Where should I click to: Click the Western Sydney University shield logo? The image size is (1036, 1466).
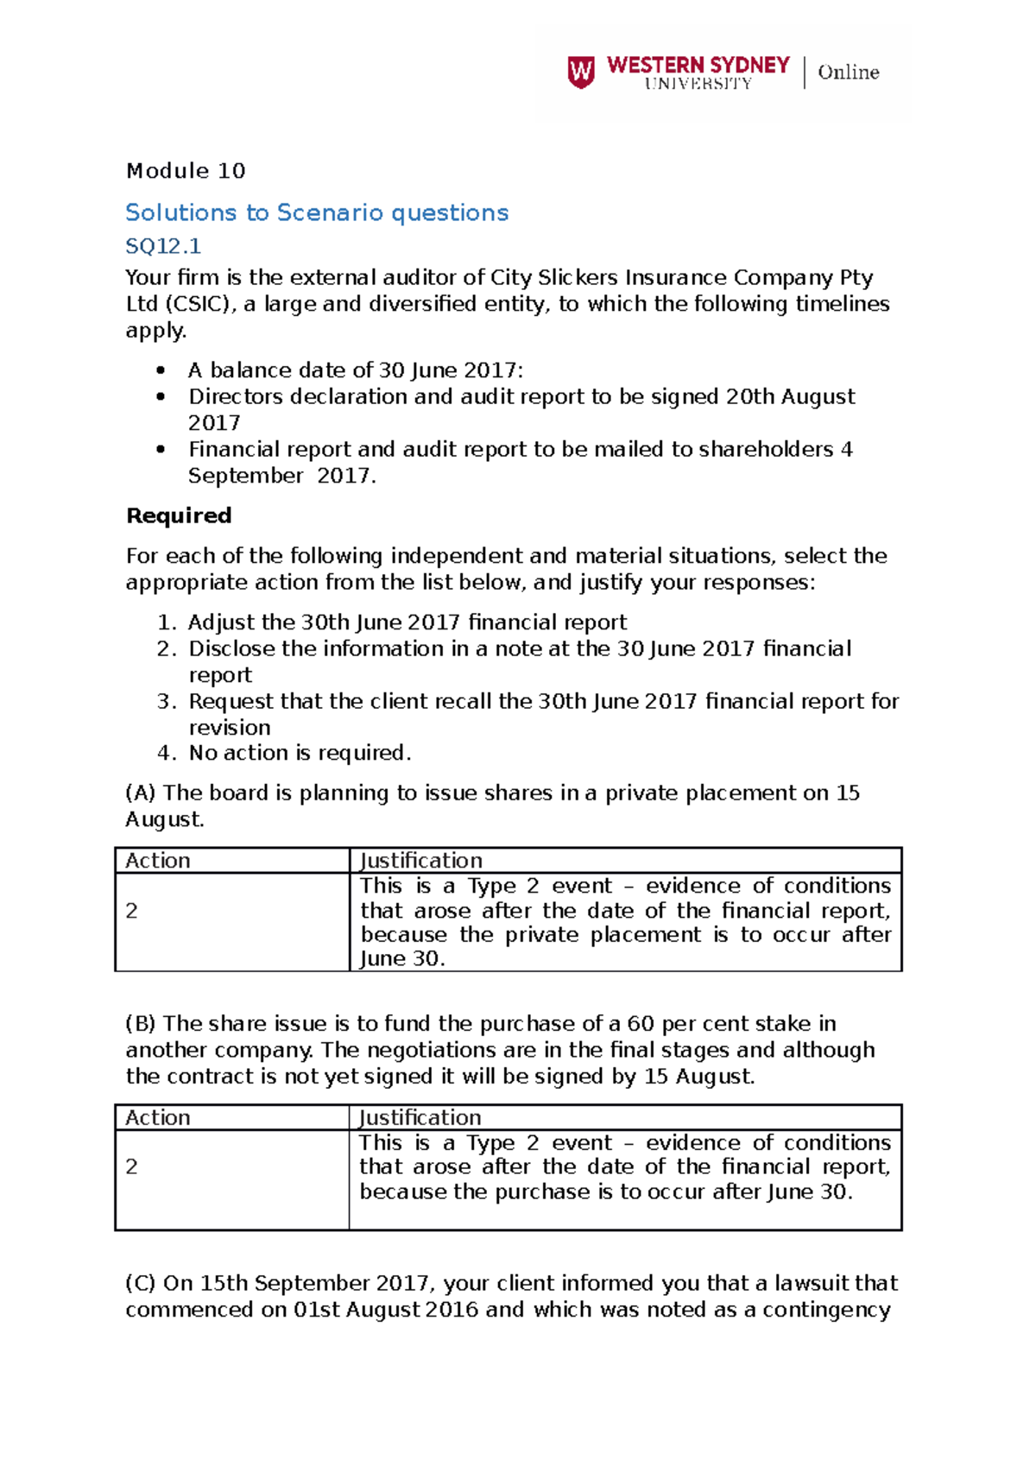tap(581, 72)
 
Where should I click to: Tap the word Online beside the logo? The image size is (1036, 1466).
tap(848, 73)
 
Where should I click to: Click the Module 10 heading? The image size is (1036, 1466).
tap(186, 171)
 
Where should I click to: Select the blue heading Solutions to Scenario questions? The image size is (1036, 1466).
tap(317, 212)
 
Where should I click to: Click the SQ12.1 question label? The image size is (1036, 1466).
tap(163, 246)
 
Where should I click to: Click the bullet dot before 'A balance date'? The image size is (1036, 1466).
tap(161, 370)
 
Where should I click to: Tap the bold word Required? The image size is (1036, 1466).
tap(179, 515)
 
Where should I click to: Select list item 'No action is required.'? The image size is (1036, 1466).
tap(300, 753)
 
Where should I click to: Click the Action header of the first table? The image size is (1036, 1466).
tap(158, 861)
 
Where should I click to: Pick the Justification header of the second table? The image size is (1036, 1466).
tap(420, 1117)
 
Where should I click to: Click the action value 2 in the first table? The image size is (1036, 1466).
tap(132, 911)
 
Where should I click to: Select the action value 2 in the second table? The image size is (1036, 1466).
tap(132, 1166)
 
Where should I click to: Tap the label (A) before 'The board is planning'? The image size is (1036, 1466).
tap(141, 793)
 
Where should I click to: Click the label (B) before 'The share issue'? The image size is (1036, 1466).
tap(141, 1023)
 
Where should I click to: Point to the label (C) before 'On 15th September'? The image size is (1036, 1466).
tap(141, 1283)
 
